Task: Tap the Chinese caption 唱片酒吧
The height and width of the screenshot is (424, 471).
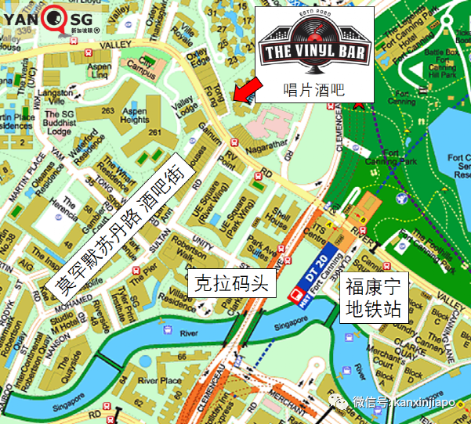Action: click(x=313, y=89)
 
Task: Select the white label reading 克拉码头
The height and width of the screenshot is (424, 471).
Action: click(x=231, y=284)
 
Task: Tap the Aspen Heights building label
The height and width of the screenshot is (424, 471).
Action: click(x=136, y=116)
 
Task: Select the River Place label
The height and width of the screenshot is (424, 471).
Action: click(x=161, y=381)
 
